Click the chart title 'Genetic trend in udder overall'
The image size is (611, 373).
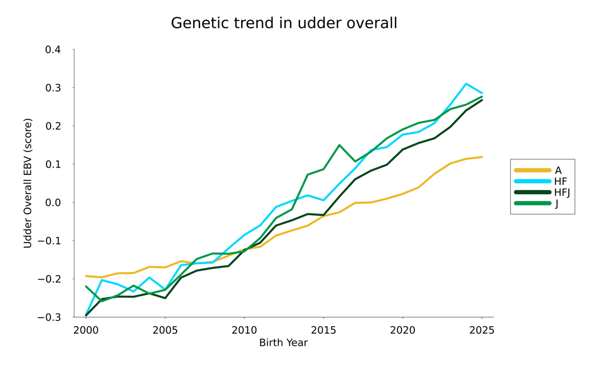284,23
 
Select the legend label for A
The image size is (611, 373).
558,170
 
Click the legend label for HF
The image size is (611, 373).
560,182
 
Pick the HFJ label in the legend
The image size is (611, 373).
562,193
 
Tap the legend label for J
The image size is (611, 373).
556,204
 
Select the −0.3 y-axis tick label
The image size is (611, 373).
50,317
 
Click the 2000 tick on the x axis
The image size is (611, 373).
86,330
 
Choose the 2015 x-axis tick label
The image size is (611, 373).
323,330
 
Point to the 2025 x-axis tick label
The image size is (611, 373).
482,330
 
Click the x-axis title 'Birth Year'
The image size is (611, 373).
283,343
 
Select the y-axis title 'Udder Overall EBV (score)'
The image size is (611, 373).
28,183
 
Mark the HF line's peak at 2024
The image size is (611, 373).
466,84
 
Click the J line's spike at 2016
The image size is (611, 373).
339,145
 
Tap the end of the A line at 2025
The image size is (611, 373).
482,157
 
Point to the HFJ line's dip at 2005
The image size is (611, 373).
165,298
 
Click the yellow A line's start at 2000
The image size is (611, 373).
86,276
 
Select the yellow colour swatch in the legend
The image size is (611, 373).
532,170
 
